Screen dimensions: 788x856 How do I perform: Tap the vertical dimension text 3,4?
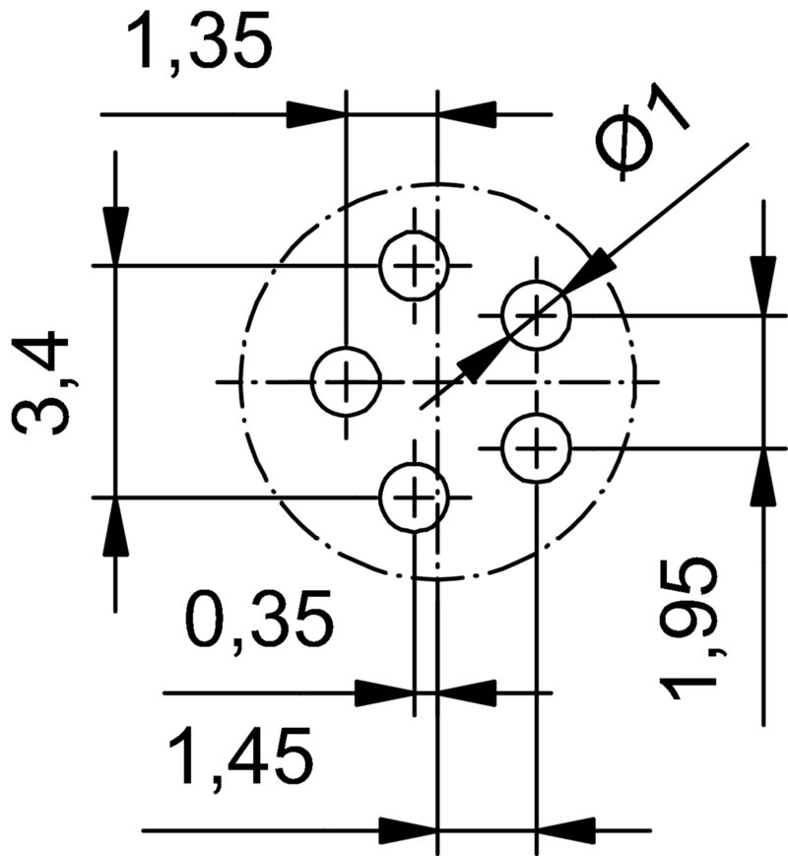click(x=43, y=383)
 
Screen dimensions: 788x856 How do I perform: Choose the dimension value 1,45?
click(x=241, y=757)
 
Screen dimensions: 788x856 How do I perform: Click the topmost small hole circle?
click(x=415, y=265)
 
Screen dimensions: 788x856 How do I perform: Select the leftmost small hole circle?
click(x=346, y=381)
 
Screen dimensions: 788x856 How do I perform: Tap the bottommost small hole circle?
click(x=415, y=497)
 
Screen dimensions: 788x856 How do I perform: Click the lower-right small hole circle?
click(x=536, y=449)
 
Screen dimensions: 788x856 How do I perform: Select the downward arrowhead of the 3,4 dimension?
click(x=115, y=235)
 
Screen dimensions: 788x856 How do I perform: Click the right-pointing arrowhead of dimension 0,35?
click(x=384, y=692)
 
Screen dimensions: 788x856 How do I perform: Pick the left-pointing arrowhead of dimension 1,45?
click(x=565, y=829)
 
